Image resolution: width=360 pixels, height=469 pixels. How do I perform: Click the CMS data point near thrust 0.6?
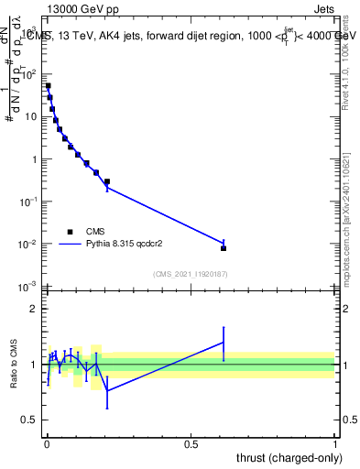point(224,248)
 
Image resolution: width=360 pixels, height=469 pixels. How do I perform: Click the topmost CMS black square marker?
point(48,86)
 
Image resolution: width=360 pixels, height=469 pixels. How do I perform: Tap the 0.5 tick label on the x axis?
point(191,443)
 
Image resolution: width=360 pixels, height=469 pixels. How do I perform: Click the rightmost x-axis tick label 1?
point(334,443)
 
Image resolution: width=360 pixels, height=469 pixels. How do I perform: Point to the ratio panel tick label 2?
point(36,309)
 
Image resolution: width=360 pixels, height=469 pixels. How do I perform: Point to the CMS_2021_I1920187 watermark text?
point(190,274)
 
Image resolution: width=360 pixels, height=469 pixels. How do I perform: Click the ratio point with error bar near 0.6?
point(224,343)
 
